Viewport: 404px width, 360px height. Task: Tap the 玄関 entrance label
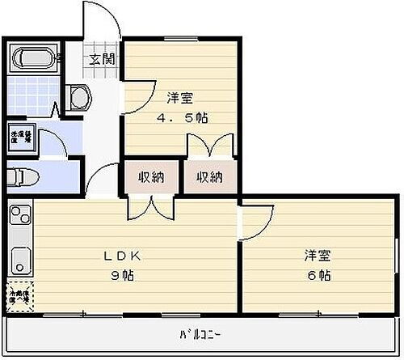click(102, 58)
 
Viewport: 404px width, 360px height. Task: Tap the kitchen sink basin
click(19, 260)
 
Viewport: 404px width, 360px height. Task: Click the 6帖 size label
click(317, 275)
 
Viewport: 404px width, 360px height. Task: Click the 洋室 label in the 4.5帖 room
click(179, 99)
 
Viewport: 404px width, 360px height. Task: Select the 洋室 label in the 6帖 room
click(317, 256)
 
